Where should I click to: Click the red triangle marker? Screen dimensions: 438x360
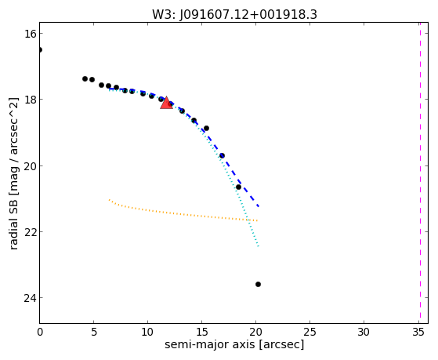[x=166, y=103]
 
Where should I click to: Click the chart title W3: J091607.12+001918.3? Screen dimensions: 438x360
[x=234, y=15]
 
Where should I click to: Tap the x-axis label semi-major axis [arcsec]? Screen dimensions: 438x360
[x=234, y=344]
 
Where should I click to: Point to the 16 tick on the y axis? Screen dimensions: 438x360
[x=30, y=34]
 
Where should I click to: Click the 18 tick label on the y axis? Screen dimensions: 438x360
[x=30, y=100]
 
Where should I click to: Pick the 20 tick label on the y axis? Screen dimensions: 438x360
[x=30, y=165]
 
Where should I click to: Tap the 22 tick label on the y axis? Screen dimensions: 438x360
[x=30, y=232]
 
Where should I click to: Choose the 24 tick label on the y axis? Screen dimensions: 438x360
[x=30, y=298]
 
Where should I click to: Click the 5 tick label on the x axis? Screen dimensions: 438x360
[x=94, y=333]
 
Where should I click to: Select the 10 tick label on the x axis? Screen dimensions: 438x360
[x=148, y=333]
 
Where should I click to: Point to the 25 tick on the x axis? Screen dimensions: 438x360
[x=309, y=333]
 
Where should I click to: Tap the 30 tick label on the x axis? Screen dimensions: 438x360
[x=364, y=333]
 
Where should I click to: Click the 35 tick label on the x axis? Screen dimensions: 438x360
[x=418, y=333]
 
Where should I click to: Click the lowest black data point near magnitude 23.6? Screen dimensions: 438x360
[x=258, y=285]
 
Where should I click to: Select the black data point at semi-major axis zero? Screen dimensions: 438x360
[x=40, y=49]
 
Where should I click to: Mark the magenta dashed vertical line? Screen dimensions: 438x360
[x=420, y=173]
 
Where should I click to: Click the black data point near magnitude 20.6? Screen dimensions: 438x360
[x=238, y=187]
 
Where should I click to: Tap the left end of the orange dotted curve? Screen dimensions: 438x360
[x=109, y=199]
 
